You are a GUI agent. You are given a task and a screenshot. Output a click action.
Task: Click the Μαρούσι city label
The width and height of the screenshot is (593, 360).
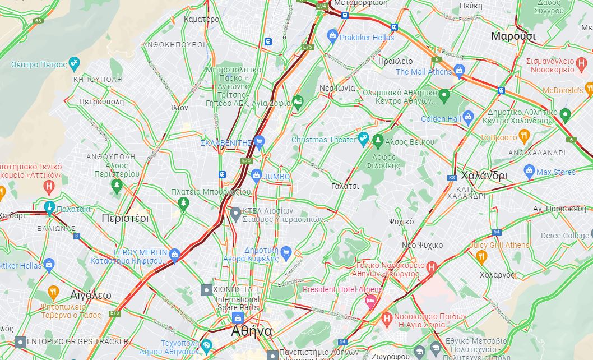click(513, 36)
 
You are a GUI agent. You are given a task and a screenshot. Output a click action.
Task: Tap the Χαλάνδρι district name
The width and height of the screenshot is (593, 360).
click(484, 175)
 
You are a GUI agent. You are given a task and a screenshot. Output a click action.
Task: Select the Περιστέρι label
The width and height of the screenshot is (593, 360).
click(124, 218)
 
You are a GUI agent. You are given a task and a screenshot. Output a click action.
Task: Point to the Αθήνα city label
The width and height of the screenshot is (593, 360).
click(252, 331)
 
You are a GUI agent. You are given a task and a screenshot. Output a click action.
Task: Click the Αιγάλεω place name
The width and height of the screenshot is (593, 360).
click(91, 295)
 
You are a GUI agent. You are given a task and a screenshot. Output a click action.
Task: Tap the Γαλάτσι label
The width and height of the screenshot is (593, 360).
click(345, 186)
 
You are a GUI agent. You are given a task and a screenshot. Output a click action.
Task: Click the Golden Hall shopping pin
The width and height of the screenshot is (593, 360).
click(469, 118)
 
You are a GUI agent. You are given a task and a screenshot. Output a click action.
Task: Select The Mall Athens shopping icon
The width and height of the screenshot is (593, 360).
click(460, 71)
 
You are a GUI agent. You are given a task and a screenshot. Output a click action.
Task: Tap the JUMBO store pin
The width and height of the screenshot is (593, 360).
click(257, 176)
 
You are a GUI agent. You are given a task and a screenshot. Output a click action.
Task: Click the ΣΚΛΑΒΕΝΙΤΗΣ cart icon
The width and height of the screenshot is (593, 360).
click(258, 142)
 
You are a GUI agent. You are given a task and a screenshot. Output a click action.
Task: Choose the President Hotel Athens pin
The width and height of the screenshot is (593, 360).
click(370, 301)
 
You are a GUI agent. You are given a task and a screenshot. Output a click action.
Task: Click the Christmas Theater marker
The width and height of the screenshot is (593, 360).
click(363, 139)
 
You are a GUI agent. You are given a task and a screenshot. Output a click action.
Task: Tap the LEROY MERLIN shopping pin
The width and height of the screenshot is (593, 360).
click(174, 255)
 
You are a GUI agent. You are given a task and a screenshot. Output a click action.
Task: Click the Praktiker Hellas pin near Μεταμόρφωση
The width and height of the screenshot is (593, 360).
click(332, 37)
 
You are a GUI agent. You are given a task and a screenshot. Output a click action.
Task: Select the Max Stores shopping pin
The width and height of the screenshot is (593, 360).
click(529, 172)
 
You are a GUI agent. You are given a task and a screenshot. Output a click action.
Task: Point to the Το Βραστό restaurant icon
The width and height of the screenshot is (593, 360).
click(524, 136)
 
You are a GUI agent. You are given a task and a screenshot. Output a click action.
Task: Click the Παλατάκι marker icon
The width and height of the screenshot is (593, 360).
click(50, 209)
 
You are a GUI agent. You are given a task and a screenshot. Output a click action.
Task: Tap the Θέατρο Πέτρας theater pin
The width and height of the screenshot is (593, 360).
click(74, 64)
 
